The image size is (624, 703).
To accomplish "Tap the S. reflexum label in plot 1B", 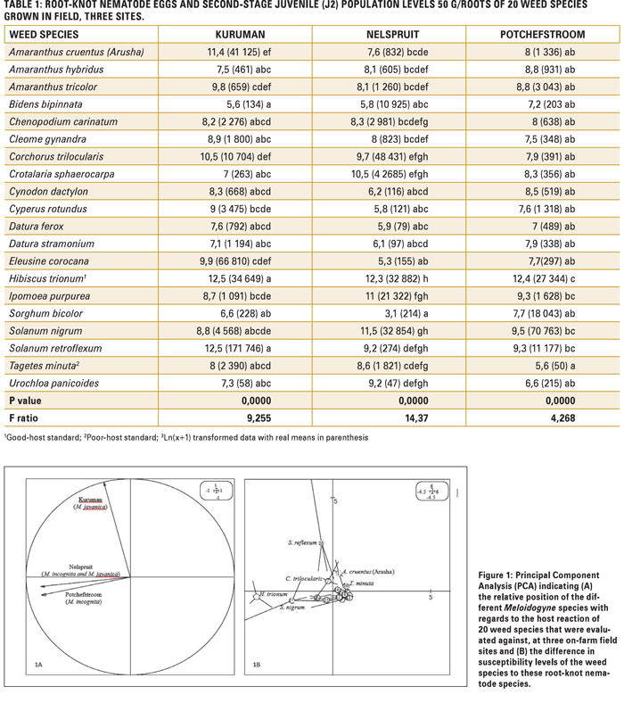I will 302,542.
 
